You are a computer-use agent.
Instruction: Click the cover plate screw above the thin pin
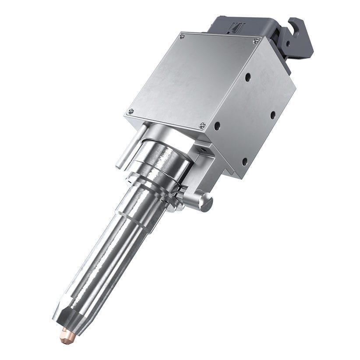[x=130, y=111]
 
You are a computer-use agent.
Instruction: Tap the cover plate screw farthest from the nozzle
[x=182, y=36]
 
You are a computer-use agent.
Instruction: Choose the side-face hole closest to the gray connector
[x=248, y=77]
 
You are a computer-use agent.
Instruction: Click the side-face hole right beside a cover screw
[x=217, y=126]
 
